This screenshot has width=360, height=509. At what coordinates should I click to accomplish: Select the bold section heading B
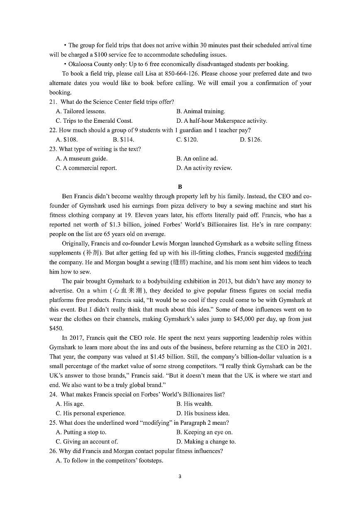(180, 187)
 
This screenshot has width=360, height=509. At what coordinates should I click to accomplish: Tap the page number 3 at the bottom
(180, 476)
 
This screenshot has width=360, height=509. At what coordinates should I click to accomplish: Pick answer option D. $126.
(251, 140)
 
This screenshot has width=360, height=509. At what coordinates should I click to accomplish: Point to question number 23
(53, 149)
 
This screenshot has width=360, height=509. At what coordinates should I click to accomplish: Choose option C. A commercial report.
(86, 168)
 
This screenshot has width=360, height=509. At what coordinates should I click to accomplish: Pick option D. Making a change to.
(206, 442)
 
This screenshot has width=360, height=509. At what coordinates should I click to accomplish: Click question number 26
(53, 451)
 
